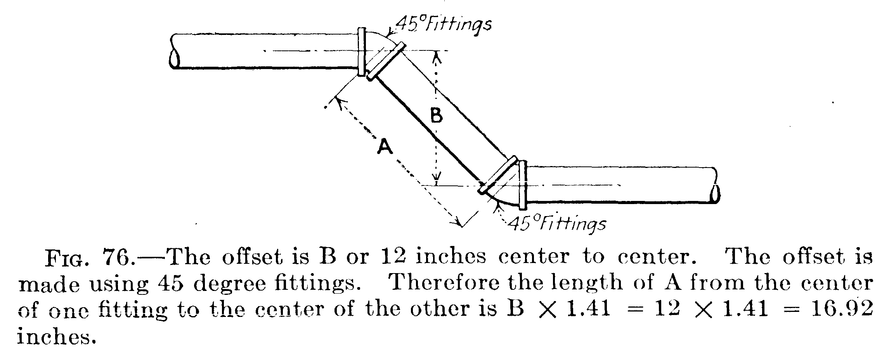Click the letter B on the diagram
pos(437,116)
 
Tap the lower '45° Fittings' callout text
pos(556,224)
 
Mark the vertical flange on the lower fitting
pos(523,184)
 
